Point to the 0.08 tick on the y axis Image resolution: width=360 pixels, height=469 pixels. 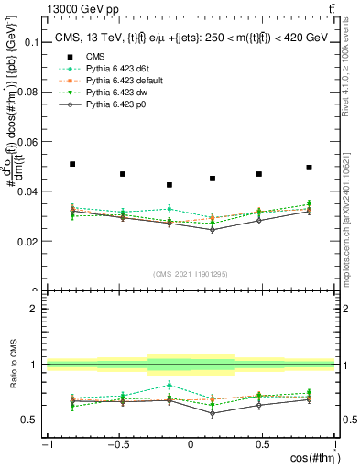[x=29, y=93]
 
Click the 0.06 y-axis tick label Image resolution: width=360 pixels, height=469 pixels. [x=29, y=142]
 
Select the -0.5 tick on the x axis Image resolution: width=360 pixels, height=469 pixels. [x=118, y=444]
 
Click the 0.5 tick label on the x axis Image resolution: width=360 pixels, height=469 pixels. [x=263, y=444]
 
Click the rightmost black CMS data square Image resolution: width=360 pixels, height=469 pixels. [x=310, y=168]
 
